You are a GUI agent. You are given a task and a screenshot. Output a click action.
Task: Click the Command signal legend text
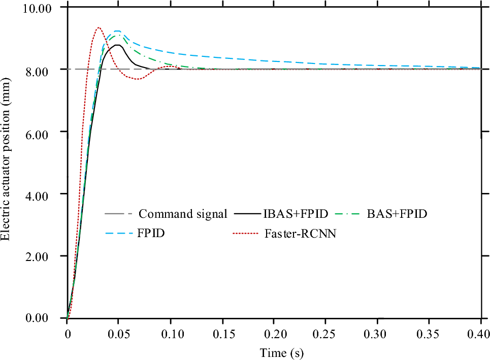pos(183,214)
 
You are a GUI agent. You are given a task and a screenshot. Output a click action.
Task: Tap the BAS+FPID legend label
pos(397,214)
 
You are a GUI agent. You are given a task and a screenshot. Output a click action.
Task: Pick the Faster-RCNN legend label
pos(300,234)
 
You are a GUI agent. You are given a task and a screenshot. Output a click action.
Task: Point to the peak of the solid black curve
pos(118,45)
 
